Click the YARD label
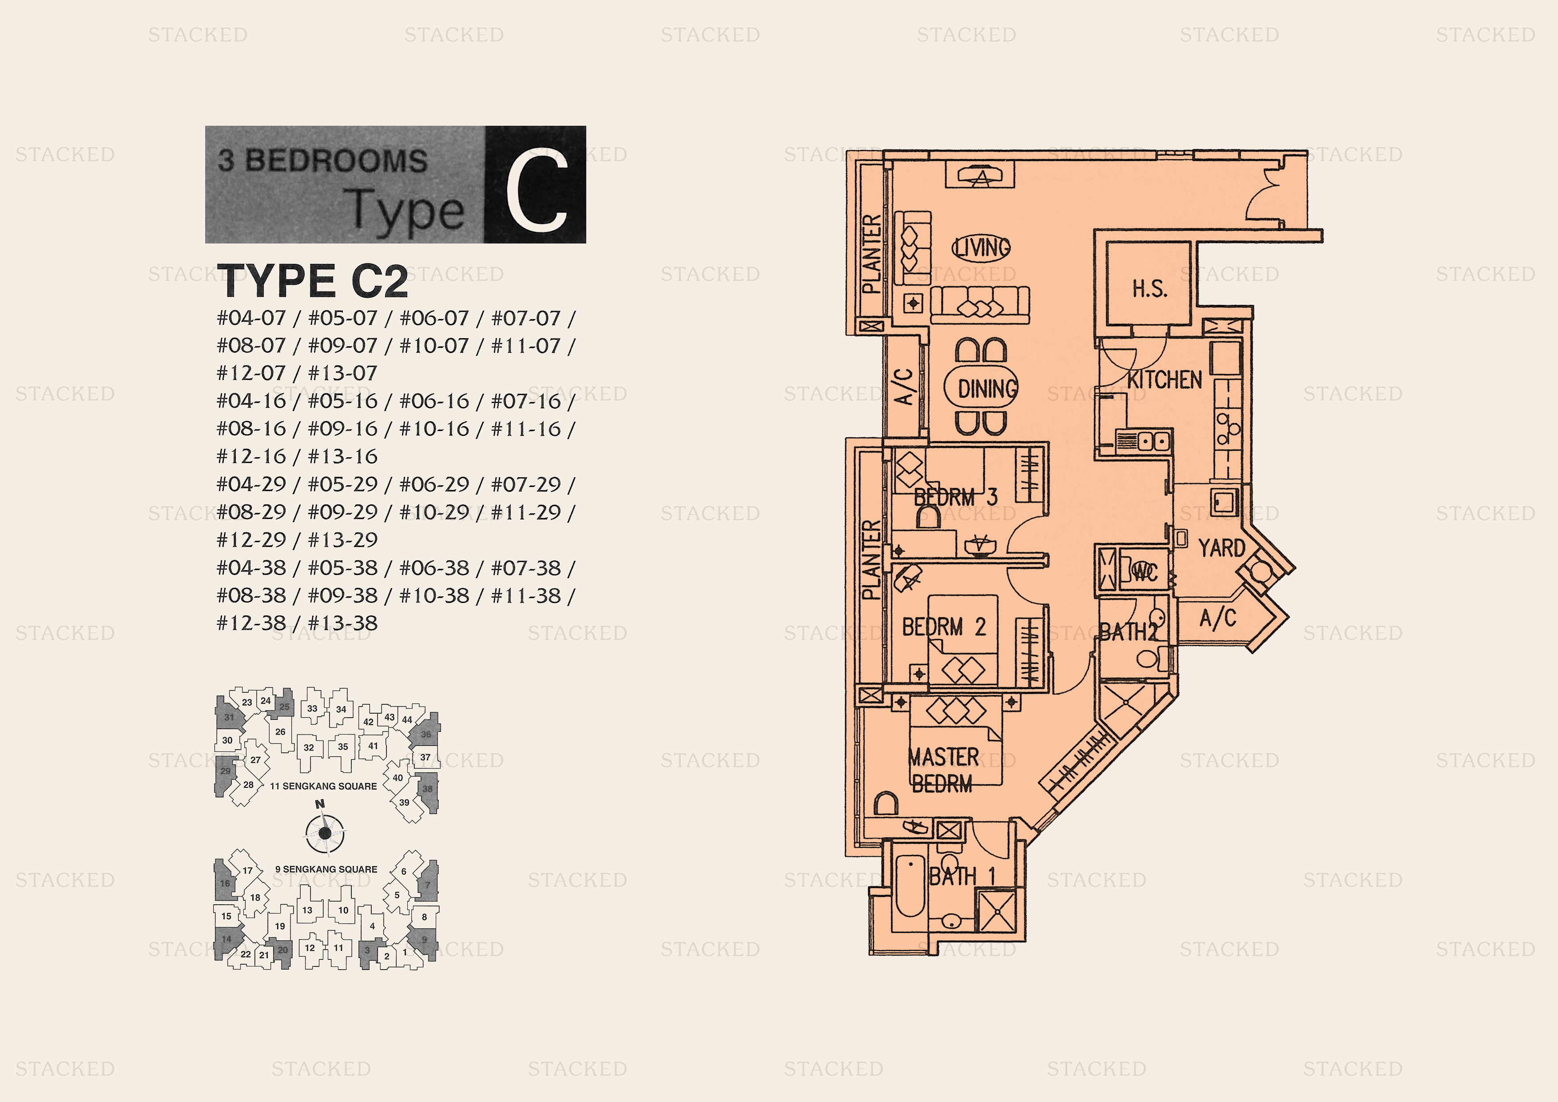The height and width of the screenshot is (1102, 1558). pos(1221,547)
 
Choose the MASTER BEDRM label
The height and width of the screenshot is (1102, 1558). pos(943,770)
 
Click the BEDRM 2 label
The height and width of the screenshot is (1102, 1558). pos(943,627)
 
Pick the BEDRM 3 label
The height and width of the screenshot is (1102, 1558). pos(955,497)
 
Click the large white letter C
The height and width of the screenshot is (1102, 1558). pos(536,190)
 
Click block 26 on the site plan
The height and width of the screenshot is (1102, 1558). pos(280,731)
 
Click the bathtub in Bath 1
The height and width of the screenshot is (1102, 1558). pos(909,885)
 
